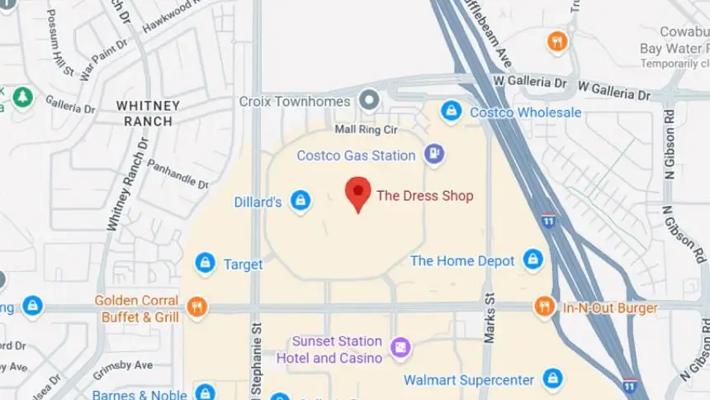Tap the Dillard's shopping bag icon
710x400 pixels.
tap(301, 201)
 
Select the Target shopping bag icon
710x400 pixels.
tap(205, 264)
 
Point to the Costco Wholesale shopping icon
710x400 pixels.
tap(451, 111)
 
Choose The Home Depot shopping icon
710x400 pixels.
tap(533, 260)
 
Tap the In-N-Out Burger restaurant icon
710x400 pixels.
tap(543, 307)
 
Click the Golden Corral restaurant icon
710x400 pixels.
tap(196, 307)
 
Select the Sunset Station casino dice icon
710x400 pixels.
tap(400, 349)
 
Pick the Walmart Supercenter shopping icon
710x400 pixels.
tap(552, 379)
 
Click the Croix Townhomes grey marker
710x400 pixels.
tap(369, 101)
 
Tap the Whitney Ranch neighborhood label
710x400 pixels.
tap(149, 113)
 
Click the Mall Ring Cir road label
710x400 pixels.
tap(366, 130)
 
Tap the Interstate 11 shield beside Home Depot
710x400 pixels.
tap(549, 221)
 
